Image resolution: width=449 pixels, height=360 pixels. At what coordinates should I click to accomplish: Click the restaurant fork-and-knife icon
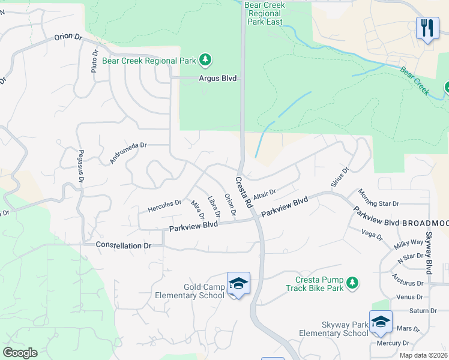[427, 28]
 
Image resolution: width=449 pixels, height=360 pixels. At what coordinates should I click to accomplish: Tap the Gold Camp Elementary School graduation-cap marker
[238, 283]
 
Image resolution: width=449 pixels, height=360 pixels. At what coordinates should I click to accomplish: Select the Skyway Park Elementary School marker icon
[381, 322]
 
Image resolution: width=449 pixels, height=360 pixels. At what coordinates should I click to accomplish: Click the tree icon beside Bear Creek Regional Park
[206, 59]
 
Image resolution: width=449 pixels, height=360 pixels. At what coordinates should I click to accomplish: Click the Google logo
[20, 353]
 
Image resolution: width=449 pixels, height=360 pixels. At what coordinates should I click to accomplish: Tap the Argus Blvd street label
[218, 79]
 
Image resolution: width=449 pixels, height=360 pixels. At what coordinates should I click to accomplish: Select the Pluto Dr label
[94, 62]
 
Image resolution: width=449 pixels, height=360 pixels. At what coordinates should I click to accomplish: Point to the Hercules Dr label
[164, 206]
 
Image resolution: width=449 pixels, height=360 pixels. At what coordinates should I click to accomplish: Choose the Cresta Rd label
[244, 193]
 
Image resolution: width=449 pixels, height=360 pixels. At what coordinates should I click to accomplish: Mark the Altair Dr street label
[264, 196]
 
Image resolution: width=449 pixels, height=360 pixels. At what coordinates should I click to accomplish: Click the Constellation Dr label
[124, 245]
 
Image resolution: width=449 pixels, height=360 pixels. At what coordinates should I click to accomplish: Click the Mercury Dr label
[393, 344]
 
